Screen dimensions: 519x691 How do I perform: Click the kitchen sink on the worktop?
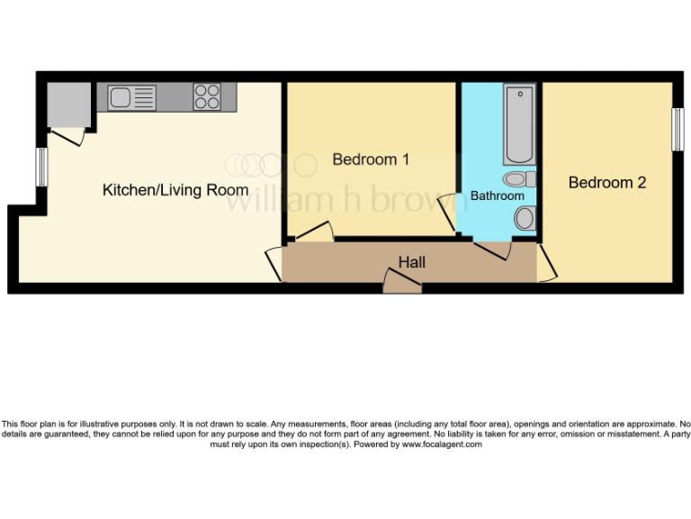pyautogui.click(x=131, y=97)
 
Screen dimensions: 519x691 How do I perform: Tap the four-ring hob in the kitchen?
pyautogui.click(x=207, y=96)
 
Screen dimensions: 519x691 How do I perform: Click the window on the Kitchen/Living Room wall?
pyautogui.click(x=41, y=167)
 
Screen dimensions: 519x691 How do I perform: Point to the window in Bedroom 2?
pyautogui.click(x=676, y=129)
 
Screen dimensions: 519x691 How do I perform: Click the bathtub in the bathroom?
pyautogui.click(x=519, y=125)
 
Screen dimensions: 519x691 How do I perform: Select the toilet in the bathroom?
pyautogui.click(x=525, y=217)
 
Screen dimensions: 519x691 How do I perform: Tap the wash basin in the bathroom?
pyautogui.click(x=519, y=178)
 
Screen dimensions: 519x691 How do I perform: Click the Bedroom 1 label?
pyautogui.click(x=371, y=159)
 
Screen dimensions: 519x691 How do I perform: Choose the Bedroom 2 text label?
pyautogui.click(x=607, y=182)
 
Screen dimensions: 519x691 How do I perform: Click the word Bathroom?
pyautogui.click(x=497, y=196)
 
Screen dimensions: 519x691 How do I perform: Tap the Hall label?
pyautogui.click(x=412, y=262)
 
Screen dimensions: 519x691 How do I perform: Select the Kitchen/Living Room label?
pyautogui.click(x=175, y=190)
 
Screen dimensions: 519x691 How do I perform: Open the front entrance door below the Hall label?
pyautogui.click(x=402, y=285)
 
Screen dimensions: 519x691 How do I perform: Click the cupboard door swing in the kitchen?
pyautogui.click(x=67, y=135)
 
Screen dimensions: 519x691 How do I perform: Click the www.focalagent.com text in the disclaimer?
pyautogui.click(x=442, y=444)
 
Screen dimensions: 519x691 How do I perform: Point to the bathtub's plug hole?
pyautogui.click(x=519, y=95)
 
